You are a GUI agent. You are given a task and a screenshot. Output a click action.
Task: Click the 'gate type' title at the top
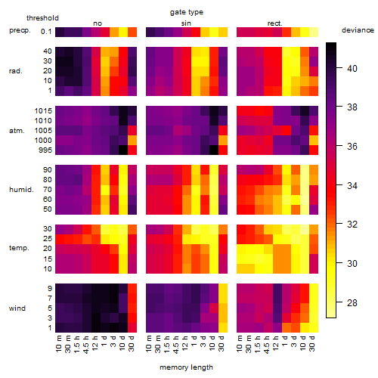(x=187, y=12)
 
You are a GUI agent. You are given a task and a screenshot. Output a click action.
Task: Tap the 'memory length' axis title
(x=186, y=367)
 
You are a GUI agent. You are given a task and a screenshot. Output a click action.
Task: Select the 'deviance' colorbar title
(x=358, y=30)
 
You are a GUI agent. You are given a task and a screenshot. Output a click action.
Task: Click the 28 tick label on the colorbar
(x=352, y=302)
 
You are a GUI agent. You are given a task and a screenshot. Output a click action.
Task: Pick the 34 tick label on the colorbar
(x=352, y=186)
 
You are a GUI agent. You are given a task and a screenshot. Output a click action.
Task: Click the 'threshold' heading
(x=42, y=18)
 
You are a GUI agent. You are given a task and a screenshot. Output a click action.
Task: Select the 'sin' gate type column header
(x=186, y=23)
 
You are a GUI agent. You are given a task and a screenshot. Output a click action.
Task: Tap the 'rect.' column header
(x=275, y=23)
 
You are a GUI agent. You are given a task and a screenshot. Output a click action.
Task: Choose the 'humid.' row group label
(x=21, y=190)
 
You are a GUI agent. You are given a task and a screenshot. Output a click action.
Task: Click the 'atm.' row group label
(x=17, y=131)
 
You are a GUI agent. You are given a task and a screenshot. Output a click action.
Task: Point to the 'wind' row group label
(x=17, y=308)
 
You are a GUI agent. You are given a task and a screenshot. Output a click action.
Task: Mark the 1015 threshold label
(x=43, y=110)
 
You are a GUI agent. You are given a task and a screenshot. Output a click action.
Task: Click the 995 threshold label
(x=45, y=150)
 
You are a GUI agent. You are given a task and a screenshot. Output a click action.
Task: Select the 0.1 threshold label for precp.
(x=46, y=32)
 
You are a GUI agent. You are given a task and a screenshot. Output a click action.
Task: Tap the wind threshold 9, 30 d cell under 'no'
(x=132, y=288)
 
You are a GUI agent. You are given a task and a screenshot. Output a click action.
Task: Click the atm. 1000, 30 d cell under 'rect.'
(x=314, y=141)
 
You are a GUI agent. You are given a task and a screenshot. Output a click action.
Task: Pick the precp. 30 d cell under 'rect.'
(x=314, y=32)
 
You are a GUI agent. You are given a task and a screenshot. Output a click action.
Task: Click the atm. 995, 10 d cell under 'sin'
(x=214, y=150)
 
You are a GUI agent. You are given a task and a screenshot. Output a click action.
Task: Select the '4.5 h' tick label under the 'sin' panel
(x=176, y=345)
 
